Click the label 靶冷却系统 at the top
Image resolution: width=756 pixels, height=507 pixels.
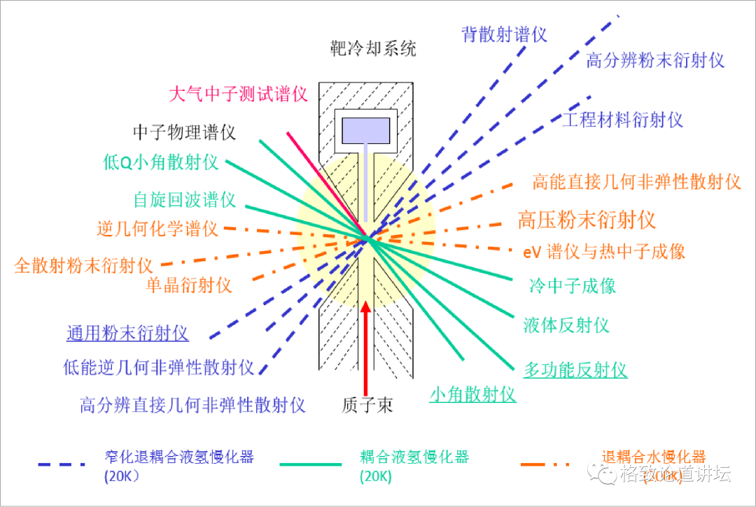pyautogui.click(x=373, y=48)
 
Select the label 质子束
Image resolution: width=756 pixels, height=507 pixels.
pyautogui.click(x=367, y=405)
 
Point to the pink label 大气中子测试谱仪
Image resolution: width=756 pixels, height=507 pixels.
pyautogui.click(x=239, y=94)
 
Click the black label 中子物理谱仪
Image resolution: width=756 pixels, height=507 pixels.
pyautogui.click(x=184, y=131)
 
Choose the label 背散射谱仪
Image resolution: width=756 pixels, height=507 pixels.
pyautogui.click(x=504, y=34)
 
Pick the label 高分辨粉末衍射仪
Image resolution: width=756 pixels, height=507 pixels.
pyautogui.click(x=655, y=60)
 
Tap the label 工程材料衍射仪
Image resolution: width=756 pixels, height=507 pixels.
pyautogui.click(x=622, y=120)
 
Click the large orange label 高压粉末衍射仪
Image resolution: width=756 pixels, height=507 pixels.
pyautogui.click(x=587, y=220)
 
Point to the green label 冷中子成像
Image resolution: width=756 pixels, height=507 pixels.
pyautogui.click(x=573, y=285)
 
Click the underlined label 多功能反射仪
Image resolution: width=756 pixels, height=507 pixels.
pyautogui.click(x=575, y=370)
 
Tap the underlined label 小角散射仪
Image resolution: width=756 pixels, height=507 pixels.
pyautogui.click(x=472, y=394)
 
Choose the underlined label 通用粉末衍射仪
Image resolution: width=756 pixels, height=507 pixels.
pyautogui.click(x=127, y=333)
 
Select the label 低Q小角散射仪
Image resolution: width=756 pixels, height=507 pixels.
pyautogui.click(x=160, y=163)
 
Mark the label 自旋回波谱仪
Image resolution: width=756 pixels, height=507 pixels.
pyautogui.click(x=185, y=199)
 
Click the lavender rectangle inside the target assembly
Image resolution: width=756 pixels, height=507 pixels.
pyautogui.click(x=365, y=131)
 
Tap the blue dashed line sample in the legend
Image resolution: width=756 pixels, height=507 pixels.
pyautogui.click(x=62, y=464)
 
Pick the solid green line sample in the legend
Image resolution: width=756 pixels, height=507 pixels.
pyautogui.click(x=311, y=464)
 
